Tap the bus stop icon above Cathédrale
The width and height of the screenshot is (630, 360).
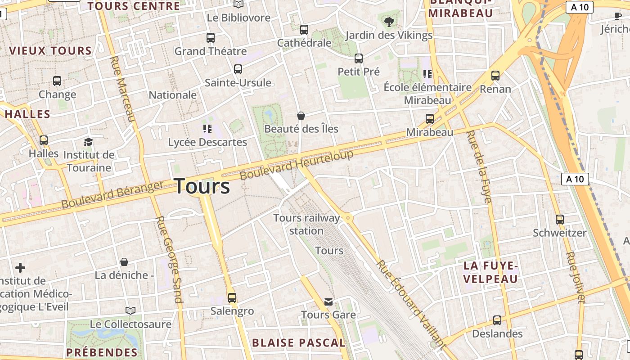pyautogui.click(x=304, y=30)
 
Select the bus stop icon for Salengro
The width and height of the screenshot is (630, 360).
pyautogui.click(x=232, y=297)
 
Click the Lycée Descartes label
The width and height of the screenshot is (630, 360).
pyautogui.click(x=207, y=142)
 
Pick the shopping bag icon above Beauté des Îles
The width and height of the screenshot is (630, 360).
pyautogui.click(x=301, y=116)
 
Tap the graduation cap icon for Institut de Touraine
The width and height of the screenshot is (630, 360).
pyautogui.click(x=88, y=142)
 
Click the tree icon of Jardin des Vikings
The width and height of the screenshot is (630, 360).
pyautogui.click(x=389, y=21)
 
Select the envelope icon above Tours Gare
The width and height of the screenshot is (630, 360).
pyautogui.click(x=328, y=301)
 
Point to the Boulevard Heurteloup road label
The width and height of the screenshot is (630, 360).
pyautogui.click(x=297, y=165)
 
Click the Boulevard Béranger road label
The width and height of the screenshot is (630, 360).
pyautogui.click(x=112, y=194)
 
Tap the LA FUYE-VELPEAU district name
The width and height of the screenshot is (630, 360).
pyautogui.click(x=490, y=273)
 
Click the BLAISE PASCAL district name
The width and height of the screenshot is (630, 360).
pyautogui.click(x=298, y=343)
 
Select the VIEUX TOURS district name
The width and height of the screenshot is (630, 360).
pyautogui.click(x=50, y=51)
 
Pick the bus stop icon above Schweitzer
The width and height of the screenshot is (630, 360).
pyautogui.click(x=560, y=220)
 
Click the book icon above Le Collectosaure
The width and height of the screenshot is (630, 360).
pyautogui.click(x=130, y=310)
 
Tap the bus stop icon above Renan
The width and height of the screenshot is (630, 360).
pyautogui.click(x=495, y=76)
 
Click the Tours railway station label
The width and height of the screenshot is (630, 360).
pyautogui.click(x=306, y=224)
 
